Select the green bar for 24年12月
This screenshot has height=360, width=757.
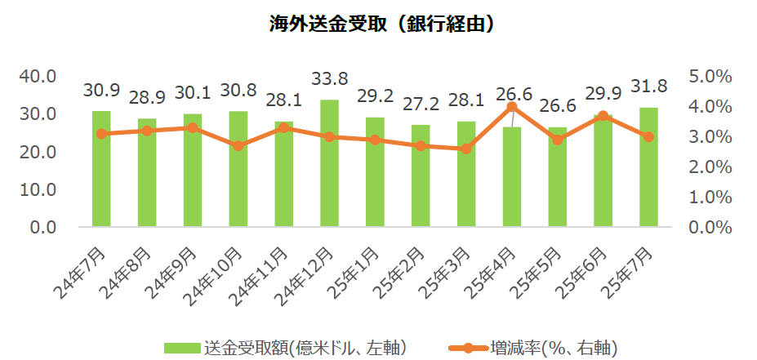(330, 163)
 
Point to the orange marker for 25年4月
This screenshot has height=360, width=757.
(512, 107)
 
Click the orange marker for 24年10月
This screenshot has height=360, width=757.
(238, 146)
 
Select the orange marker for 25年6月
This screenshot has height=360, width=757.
(603, 116)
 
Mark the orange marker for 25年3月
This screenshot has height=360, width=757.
(466, 149)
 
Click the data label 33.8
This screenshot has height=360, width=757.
(330, 79)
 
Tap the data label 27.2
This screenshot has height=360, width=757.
(421, 104)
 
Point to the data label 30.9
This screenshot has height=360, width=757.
(101, 90)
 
